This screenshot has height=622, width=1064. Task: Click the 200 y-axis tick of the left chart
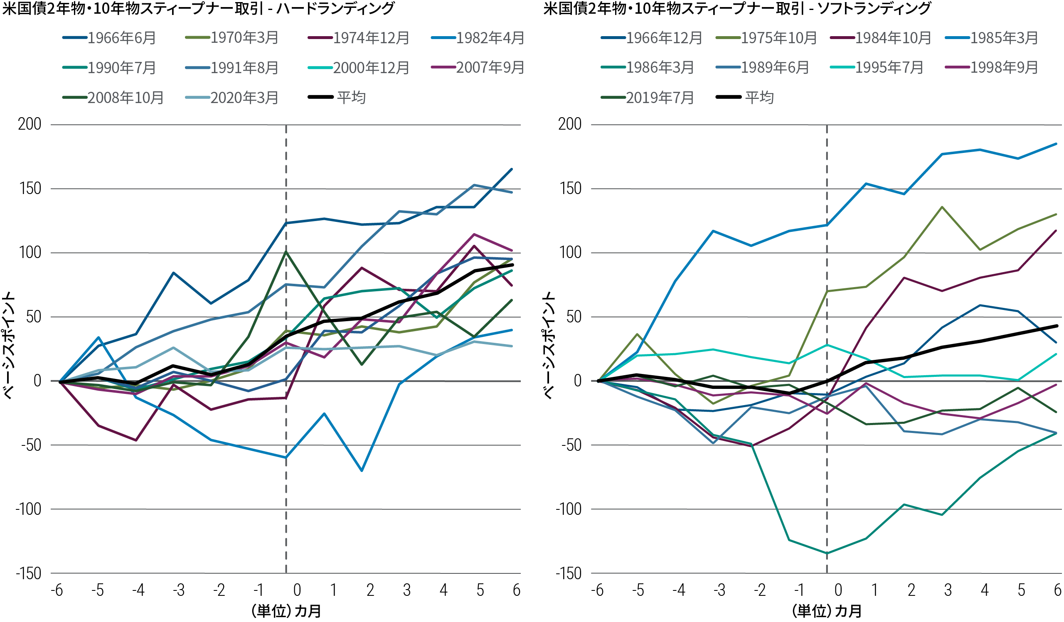point(30,125)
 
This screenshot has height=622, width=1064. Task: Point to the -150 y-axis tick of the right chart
point(568,573)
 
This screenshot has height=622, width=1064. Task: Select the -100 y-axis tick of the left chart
point(28,509)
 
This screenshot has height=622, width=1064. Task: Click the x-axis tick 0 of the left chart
point(297,590)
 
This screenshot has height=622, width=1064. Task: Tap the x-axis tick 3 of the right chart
point(948,590)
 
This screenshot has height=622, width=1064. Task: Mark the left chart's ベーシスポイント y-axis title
point(9,345)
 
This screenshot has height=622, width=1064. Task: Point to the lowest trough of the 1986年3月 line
point(827,553)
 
